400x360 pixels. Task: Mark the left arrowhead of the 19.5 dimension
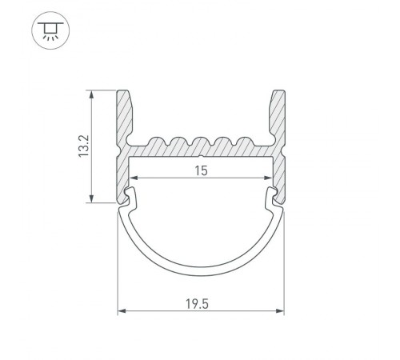[x=122, y=314]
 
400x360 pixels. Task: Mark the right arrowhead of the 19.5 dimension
[x=281, y=314]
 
